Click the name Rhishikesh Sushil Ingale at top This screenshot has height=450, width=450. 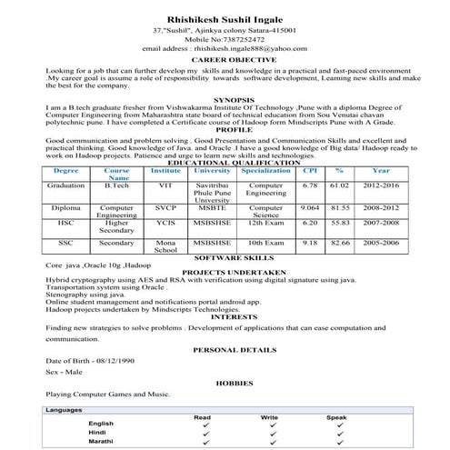click(224, 17)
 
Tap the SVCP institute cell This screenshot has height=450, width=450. click(165, 207)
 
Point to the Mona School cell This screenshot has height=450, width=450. click(165, 248)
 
